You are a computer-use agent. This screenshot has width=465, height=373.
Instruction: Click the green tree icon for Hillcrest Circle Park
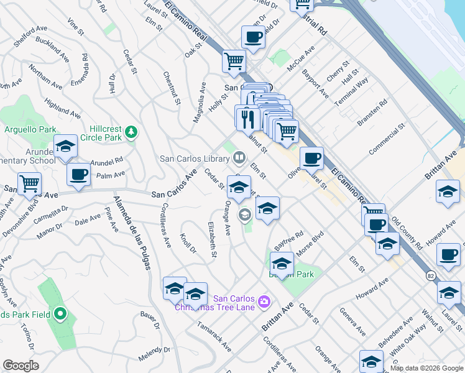[131, 132]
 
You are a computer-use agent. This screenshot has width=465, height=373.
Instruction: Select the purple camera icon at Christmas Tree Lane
[264, 302]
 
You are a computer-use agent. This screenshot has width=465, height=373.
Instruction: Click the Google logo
[21, 366]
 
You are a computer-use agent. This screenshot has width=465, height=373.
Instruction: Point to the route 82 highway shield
[430, 274]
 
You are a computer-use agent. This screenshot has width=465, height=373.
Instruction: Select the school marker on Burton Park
[282, 264]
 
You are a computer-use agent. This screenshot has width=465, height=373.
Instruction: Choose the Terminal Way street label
[352, 91]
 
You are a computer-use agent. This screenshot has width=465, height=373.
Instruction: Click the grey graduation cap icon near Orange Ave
[245, 215]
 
